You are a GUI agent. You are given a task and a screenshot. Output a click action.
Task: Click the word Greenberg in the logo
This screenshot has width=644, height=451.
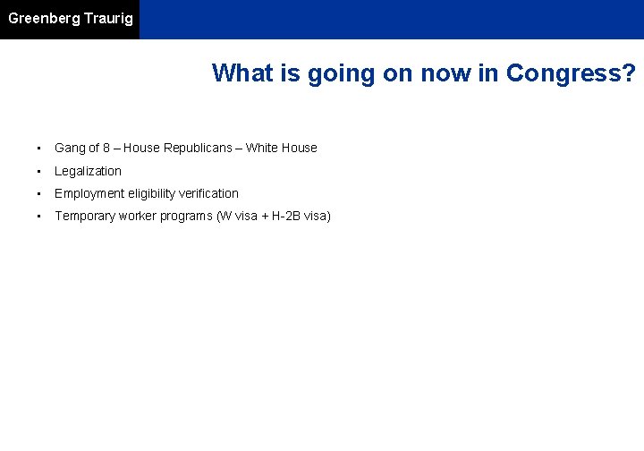point(44,19)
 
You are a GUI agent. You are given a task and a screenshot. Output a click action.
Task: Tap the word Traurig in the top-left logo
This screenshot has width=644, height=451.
point(108,19)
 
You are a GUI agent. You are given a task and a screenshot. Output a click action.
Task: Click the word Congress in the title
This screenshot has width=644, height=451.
point(571,73)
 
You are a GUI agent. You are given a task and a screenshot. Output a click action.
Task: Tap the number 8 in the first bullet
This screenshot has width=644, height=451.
point(107,149)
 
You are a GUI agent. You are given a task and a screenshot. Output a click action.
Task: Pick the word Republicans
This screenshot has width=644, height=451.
point(200,149)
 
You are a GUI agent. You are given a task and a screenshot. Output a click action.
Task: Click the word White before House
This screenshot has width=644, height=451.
point(262,149)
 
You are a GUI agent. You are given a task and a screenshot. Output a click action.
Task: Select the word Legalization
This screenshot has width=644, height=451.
point(88,171)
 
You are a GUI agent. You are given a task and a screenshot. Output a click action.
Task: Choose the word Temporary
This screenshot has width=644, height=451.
point(84,217)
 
